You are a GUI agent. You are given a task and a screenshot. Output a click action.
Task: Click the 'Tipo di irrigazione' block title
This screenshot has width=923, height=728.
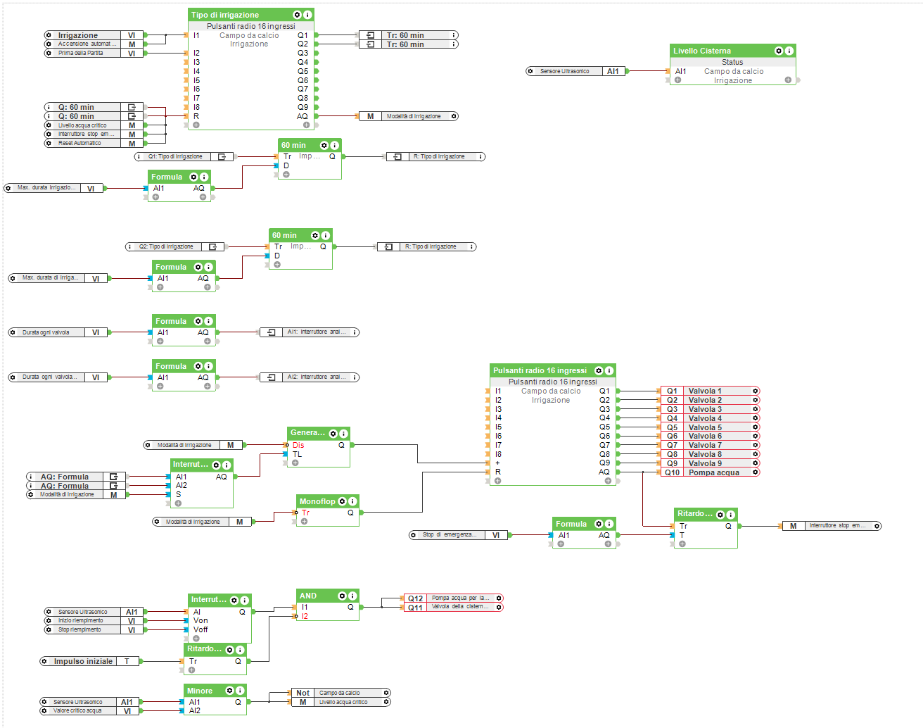[x=225, y=15]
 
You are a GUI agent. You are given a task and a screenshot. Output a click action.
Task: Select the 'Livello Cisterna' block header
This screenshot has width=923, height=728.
[x=702, y=51]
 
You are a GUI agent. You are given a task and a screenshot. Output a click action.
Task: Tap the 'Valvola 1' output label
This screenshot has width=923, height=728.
[x=705, y=391]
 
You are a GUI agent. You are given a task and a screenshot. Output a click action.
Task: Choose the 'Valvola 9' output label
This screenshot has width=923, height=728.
[x=705, y=463]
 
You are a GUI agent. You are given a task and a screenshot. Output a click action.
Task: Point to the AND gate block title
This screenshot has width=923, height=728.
[x=308, y=596]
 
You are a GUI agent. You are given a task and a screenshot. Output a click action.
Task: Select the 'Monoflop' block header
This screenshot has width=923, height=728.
[x=317, y=501]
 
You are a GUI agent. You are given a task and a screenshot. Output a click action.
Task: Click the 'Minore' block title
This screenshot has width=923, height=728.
[x=200, y=691]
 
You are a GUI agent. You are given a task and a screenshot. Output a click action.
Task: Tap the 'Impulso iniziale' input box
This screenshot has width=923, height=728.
[x=83, y=661]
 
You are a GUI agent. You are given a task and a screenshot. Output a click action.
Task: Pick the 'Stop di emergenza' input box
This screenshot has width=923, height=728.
[x=450, y=535]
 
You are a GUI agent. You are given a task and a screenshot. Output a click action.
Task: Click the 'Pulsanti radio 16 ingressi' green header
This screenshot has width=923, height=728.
[x=540, y=370]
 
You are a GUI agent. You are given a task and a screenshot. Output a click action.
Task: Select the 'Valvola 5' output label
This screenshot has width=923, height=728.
[x=705, y=427]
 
